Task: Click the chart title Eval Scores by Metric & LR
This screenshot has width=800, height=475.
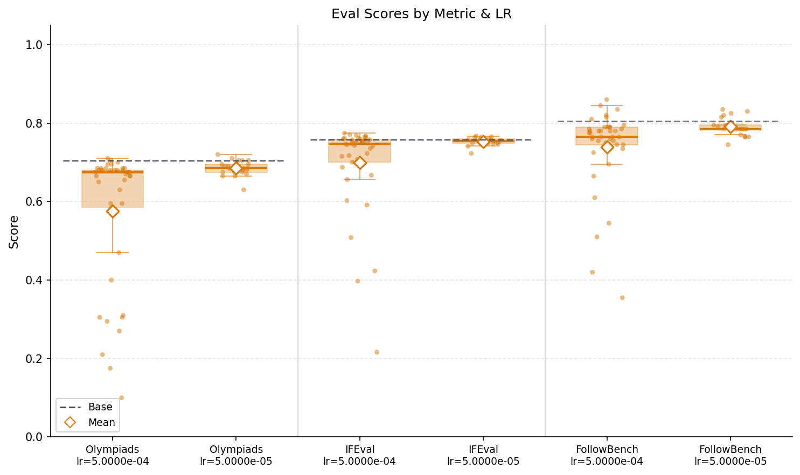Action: [421, 14]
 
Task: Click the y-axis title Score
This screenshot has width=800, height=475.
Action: [14, 232]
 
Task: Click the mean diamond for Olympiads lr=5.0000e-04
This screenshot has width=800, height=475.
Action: [113, 211]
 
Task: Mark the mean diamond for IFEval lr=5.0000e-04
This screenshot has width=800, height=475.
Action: [360, 163]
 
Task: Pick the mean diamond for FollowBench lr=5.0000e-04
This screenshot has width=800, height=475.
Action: [607, 147]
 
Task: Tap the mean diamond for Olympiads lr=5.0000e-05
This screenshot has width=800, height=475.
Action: [236, 169]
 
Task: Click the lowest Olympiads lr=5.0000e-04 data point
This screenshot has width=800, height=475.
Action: [121, 398]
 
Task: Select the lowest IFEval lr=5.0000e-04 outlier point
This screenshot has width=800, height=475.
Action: [377, 352]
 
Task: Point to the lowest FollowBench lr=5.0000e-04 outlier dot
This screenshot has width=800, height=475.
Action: [622, 298]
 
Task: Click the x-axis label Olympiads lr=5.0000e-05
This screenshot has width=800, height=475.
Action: [236, 456]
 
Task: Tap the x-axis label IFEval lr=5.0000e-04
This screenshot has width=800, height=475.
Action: [359, 456]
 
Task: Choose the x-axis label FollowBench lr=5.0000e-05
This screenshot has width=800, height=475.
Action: [730, 456]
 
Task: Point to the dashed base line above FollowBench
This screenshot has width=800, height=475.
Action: [668, 121]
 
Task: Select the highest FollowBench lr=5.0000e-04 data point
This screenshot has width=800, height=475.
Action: [607, 100]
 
